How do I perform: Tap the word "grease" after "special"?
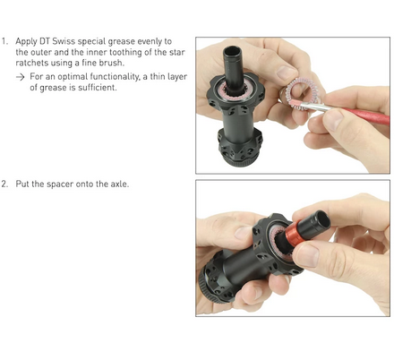121,41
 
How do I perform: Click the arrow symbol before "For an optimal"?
21,77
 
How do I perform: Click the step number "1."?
4,41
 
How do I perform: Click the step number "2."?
4,184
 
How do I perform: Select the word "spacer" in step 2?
60,184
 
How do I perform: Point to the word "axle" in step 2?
119,184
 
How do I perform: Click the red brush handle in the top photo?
366,115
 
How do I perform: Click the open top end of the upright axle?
231,50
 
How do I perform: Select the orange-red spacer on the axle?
294,234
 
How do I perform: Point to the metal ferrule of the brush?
315,106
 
